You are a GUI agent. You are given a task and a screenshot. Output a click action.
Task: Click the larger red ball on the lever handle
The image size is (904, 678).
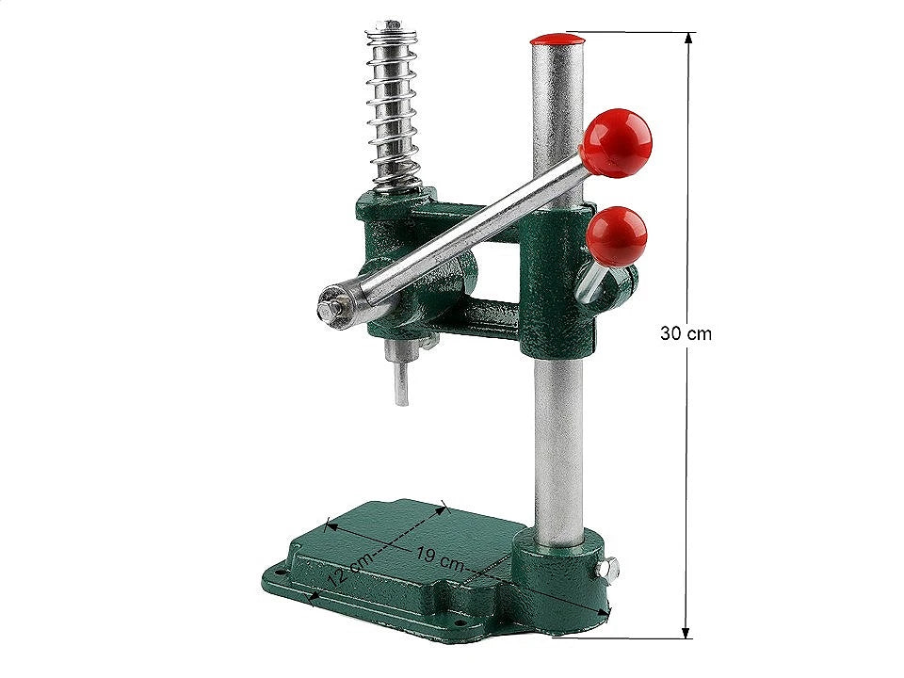pyautogui.click(x=616, y=142)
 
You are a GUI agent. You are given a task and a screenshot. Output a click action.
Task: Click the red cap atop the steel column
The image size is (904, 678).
pyautogui.click(x=557, y=40)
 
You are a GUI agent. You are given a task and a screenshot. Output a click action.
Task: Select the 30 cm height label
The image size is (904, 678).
pyautogui.click(x=685, y=333)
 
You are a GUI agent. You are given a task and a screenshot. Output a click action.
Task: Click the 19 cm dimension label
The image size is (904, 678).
pyautogui.click(x=440, y=559)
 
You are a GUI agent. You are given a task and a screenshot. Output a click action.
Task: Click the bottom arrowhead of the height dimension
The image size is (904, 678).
pyautogui.click(x=686, y=633)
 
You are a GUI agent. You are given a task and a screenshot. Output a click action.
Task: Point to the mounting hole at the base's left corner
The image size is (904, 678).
pyautogui.click(x=282, y=571)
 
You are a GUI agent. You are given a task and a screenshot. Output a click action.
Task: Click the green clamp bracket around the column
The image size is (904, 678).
pyautogui.click(x=557, y=282)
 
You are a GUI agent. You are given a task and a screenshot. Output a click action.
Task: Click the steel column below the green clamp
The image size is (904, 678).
pyautogui.click(x=557, y=443)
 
